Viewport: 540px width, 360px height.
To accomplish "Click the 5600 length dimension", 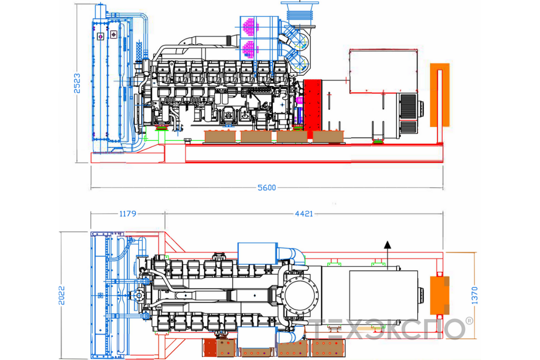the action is click(x=266, y=188).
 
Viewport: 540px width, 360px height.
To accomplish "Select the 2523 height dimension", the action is click(x=77, y=83).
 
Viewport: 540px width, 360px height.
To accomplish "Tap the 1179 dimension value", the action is click(x=128, y=214).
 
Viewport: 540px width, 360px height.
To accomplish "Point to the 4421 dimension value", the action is click(x=304, y=214).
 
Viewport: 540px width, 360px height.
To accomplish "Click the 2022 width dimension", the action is click(x=62, y=295).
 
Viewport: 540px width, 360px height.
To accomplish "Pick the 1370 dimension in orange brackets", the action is click(x=474, y=295).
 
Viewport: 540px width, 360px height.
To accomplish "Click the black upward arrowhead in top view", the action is click(x=387, y=244).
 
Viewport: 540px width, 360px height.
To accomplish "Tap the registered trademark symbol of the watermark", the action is click(x=469, y=321).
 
